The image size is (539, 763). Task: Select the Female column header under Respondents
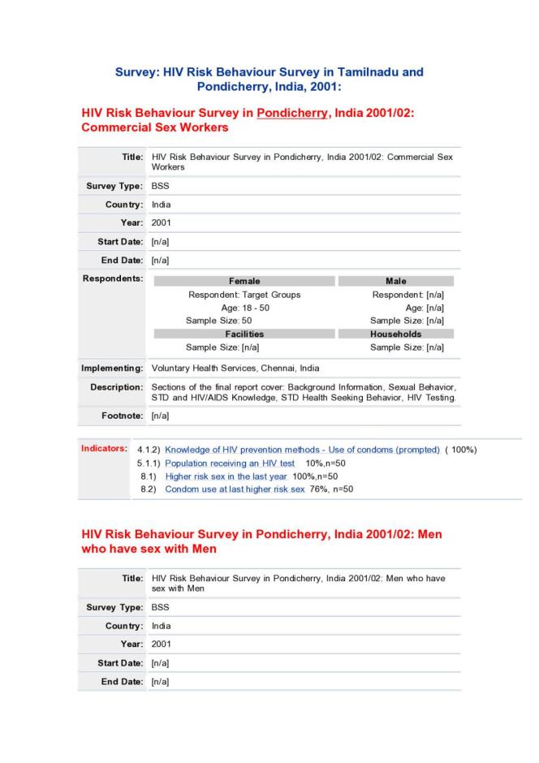click(x=244, y=281)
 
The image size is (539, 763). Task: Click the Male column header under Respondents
click(x=395, y=281)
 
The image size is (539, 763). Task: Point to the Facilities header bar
click(x=244, y=334)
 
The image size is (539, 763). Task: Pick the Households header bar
click(x=395, y=334)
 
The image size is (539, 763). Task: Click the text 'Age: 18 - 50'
click(x=244, y=308)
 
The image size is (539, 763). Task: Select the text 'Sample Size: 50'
click(x=219, y=321)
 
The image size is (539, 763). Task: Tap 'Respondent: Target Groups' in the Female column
click(x=244, y=295)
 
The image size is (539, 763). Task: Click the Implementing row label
click(x=112, y=368)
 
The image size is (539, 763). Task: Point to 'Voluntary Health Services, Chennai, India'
click(x=235, y=368)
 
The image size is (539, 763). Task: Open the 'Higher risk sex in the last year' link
click(x=226, y=476)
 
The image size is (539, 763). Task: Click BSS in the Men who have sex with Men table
click(x=160, y=607)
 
